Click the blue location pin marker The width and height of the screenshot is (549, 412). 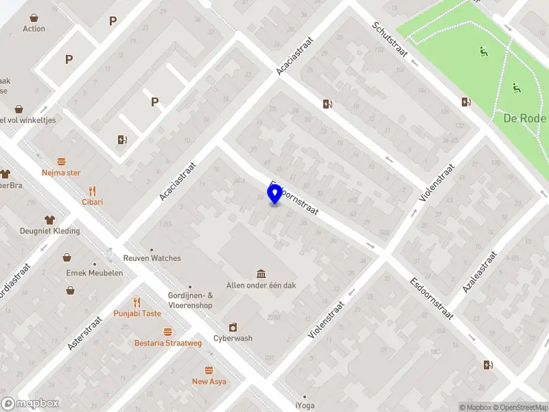point(275,194)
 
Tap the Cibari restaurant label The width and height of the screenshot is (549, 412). point(93,203)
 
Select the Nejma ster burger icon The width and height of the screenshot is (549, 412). point(61,162)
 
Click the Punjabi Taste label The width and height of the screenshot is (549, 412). point(137,314)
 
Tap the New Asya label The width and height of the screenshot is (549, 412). point(209,381)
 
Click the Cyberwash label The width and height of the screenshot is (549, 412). point(232,338)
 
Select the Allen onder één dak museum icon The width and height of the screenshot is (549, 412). point(261,274)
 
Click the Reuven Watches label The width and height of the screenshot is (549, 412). point(152,258)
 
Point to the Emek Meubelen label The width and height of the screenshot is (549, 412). point(95,273)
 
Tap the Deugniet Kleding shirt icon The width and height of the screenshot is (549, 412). point(49,220)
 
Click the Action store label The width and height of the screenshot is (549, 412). point(34,29)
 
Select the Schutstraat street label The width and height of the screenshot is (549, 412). point(389,39)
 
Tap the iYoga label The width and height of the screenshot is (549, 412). point(304,406)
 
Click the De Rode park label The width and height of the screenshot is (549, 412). point(524,118)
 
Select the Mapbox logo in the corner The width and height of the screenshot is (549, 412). point(30,404)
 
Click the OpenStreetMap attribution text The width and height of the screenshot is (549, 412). point(518,408)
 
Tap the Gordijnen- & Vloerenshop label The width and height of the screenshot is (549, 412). point(190,300)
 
